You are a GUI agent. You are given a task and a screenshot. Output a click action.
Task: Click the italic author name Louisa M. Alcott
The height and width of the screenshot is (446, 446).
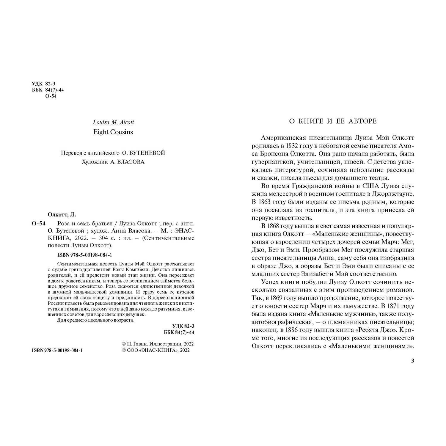tap(113, 122)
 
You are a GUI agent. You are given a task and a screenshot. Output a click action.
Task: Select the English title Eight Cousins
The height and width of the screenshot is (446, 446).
tap(113, 132)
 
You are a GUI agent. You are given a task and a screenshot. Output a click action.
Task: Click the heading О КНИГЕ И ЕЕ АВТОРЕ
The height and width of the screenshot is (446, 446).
tap(333, 121)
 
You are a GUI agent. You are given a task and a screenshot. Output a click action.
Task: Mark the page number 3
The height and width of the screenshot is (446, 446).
tap(412, 361)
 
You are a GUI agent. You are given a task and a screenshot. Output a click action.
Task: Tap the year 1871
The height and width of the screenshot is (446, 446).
tap(387, 306)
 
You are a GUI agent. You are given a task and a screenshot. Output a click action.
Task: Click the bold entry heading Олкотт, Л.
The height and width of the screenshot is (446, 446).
tap(62, 214)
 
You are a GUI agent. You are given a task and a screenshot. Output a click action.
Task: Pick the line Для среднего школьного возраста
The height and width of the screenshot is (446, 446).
tap(95, 320)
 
